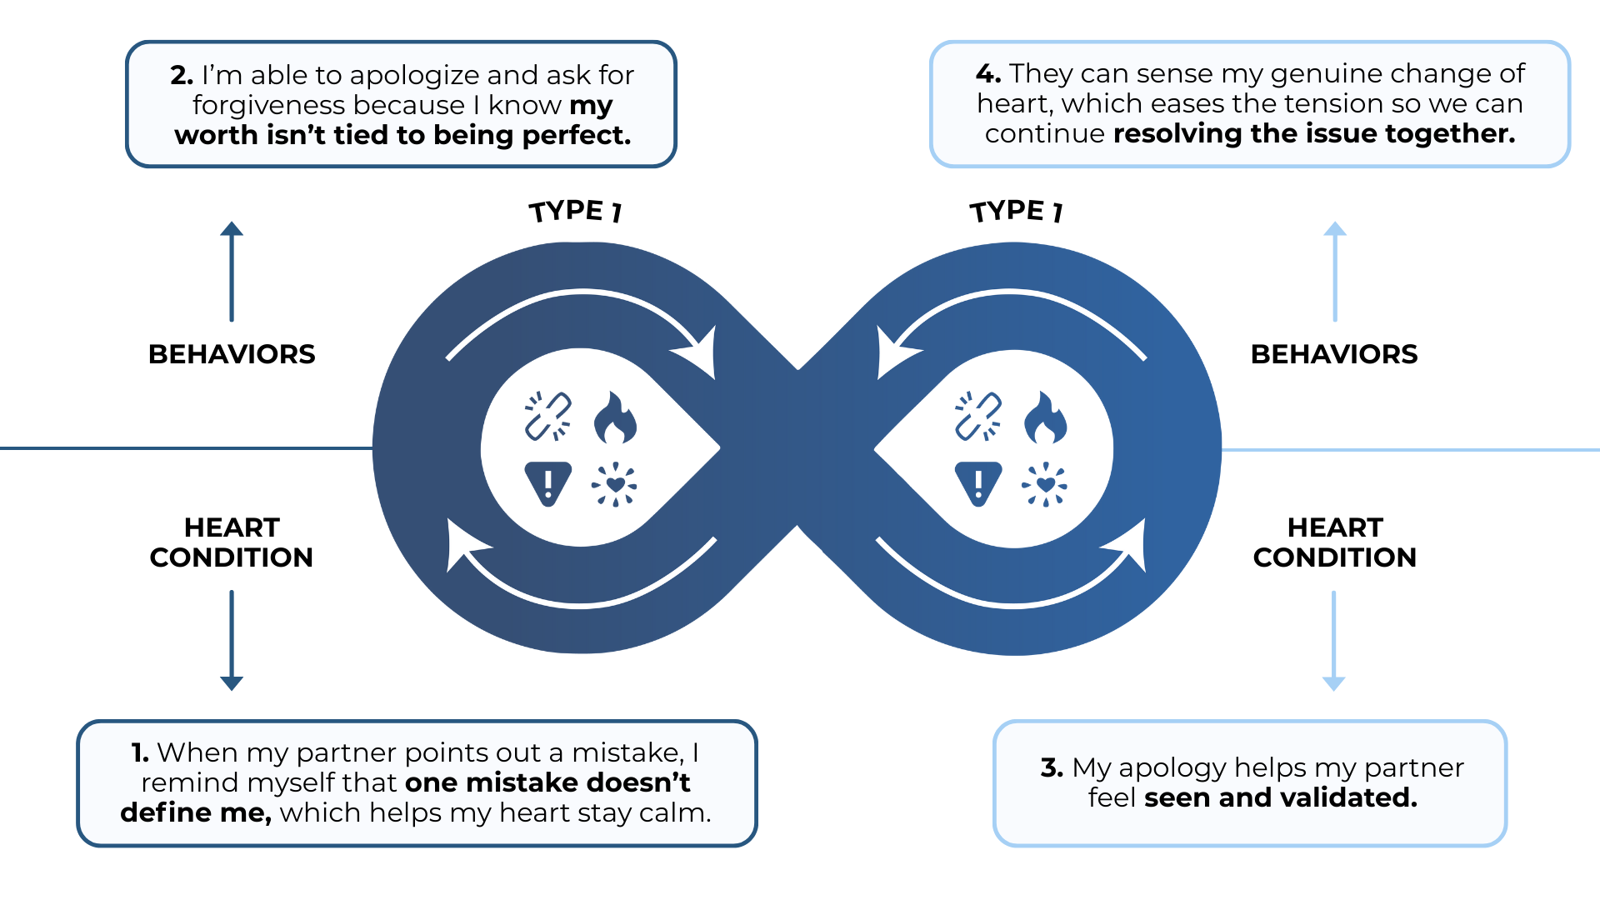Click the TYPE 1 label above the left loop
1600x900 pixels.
[x=576, y=211]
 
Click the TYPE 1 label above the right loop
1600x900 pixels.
[x=1016, y=211]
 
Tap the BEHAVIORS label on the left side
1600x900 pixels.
[x=232, y=354]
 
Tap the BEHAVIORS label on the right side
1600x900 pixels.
[x=1334, y=354]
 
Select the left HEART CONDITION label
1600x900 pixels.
[x=232, y=542]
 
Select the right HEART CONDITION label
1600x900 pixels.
[x=1334, y=542]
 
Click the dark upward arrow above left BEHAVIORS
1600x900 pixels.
[x=232, y=271]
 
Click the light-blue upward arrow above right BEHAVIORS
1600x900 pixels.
[x=1335, y=271]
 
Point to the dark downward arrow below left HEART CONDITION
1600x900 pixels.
[x=232, y=640]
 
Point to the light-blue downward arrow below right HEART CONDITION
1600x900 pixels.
[x=1334, y=640]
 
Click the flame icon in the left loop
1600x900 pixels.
[x=615, y=417]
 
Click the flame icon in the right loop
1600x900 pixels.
[x=1045, y=417]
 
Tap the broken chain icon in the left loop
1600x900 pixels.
[x=547, y=416]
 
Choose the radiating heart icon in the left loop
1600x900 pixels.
[x=615, y=484]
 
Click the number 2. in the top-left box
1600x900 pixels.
[x=182, y=75]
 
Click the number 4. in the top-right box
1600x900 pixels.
[x=988, y=73]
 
